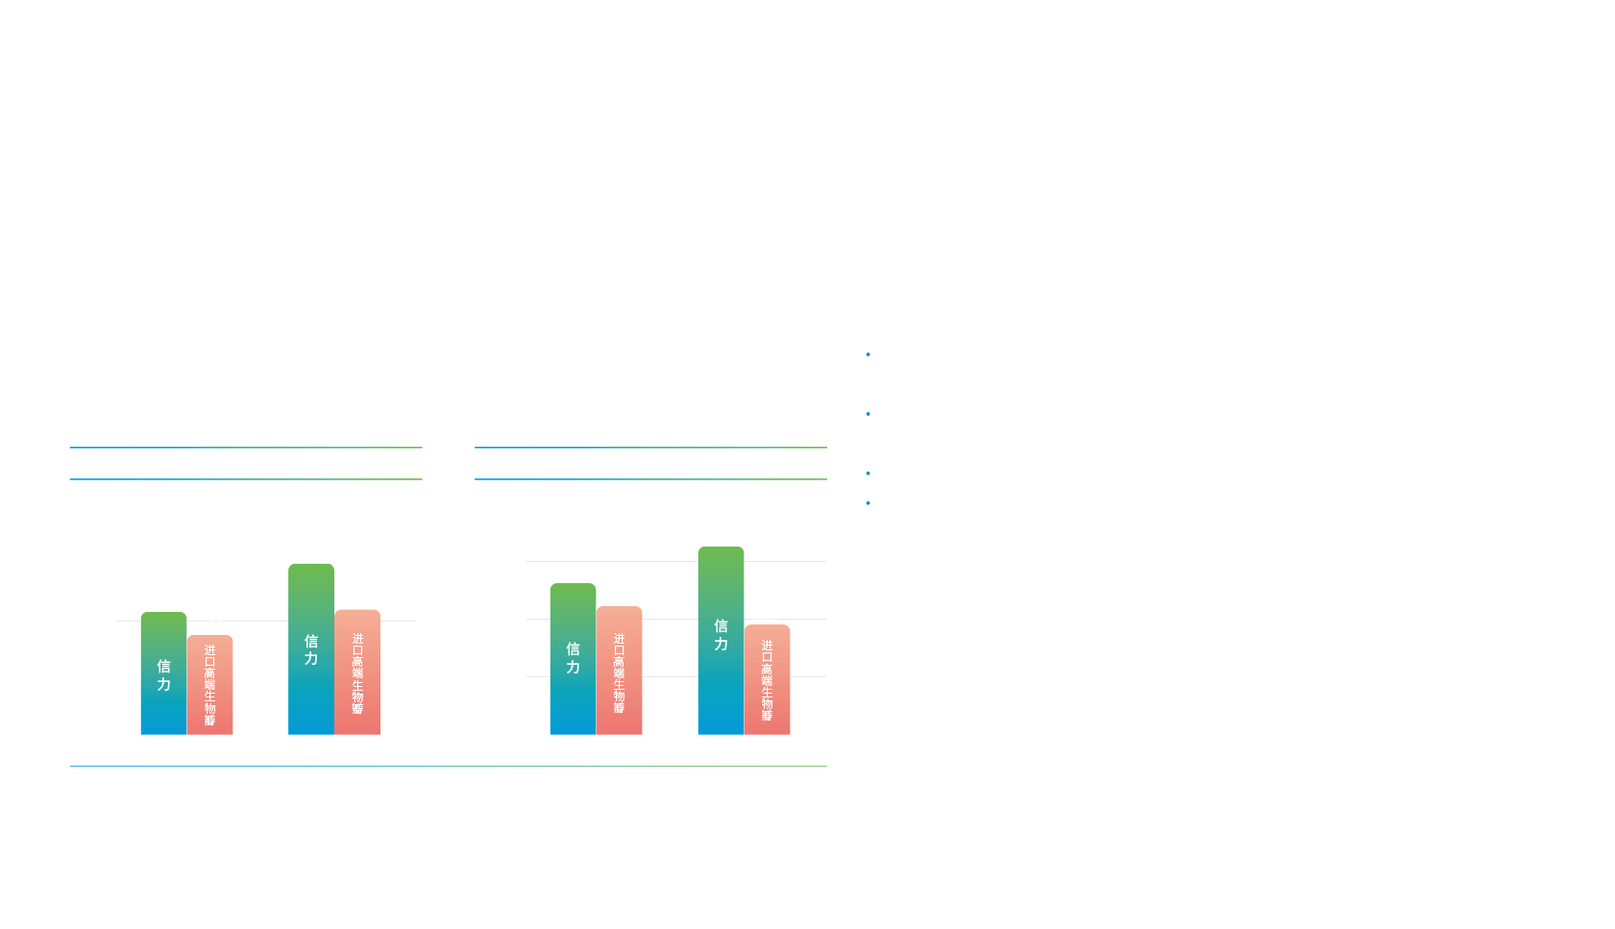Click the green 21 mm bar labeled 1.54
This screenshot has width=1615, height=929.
point(163,672)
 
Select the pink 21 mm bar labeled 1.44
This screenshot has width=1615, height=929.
point(209,684)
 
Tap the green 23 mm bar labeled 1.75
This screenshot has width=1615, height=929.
point(311,648)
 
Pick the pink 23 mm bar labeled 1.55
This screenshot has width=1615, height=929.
point(357,672)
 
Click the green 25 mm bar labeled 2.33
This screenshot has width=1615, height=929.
point(573,658)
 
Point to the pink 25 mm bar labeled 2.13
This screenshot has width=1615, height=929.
point(619,670)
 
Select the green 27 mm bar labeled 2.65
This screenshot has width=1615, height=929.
point(721,640)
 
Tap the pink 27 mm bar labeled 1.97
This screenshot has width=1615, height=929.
point(767,679)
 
